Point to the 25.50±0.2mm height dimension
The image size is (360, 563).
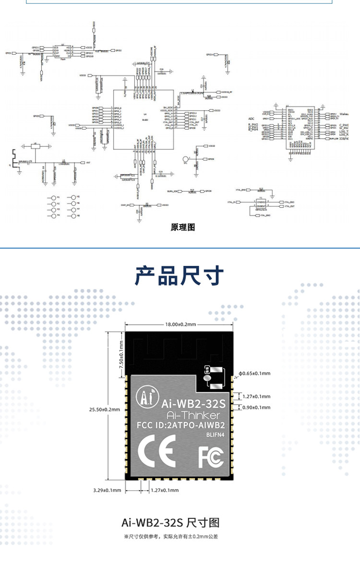[x=104, y=409]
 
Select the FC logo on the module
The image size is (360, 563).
[x=211, y=456]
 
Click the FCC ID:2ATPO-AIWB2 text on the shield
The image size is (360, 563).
[x=181, y=425]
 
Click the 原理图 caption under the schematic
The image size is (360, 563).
[x=183, y=227]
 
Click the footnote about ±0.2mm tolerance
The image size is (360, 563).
[x=180, y=537]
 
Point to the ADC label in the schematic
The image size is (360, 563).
[x=251, y=118]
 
